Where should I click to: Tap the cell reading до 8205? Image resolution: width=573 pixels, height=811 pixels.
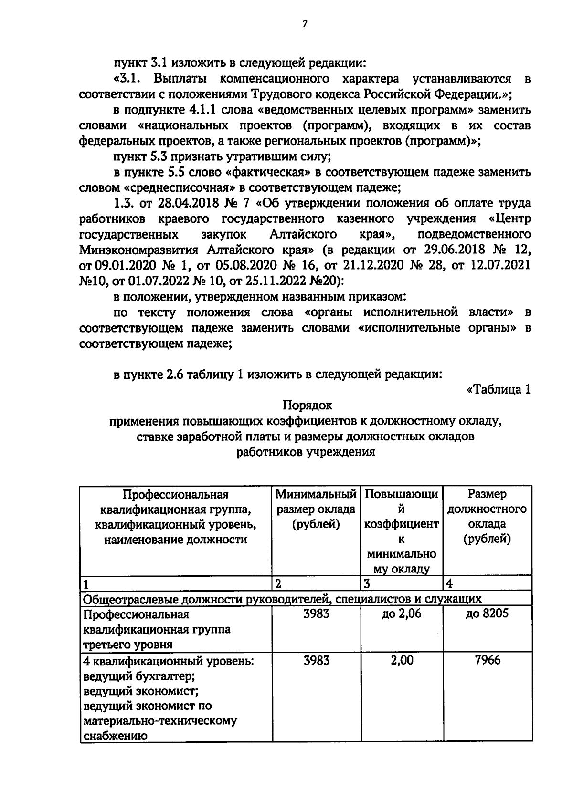(x=487, y=613)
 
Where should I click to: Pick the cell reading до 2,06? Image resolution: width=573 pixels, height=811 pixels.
(x=401, y=613)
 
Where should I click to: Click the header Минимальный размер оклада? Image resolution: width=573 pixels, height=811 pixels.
(x=316, y=509)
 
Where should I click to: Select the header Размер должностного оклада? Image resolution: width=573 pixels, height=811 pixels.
(x=487, y=517)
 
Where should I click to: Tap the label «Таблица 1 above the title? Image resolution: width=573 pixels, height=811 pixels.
(x=498, y=390)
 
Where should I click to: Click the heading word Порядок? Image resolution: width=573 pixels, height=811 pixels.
(x=307, y=405)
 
